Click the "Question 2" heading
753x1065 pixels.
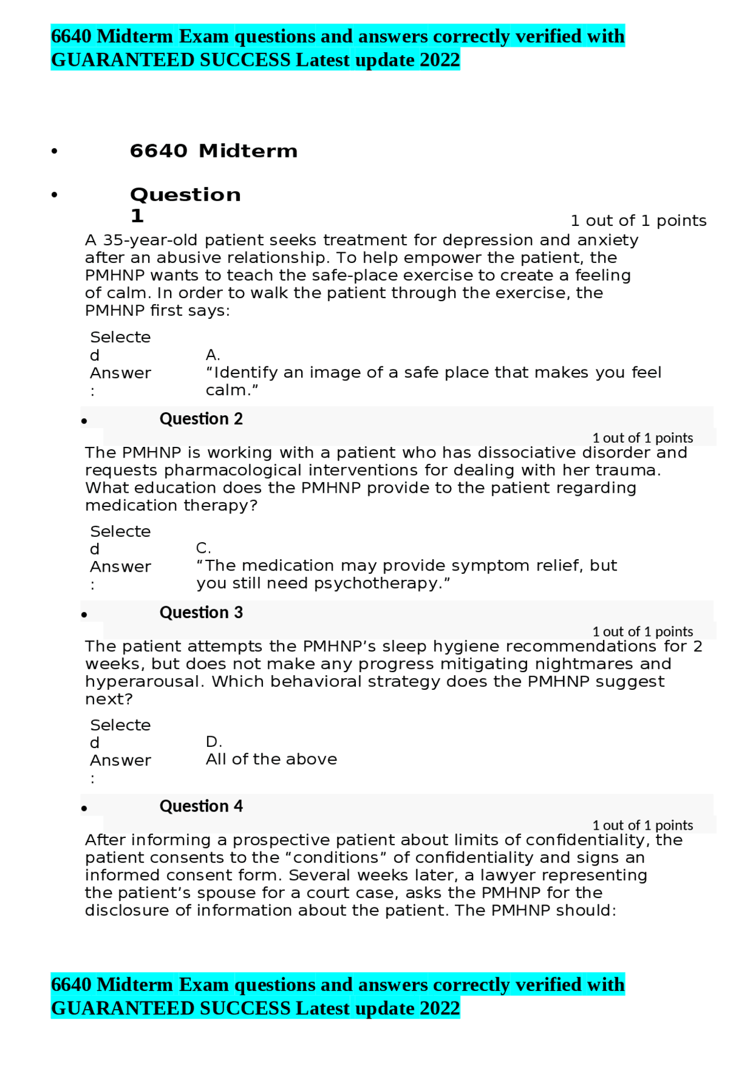point(201,419)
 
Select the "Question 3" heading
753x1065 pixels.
point(201,612)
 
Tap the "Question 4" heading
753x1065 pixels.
point(201,806)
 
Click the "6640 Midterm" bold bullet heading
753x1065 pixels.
point(213,151)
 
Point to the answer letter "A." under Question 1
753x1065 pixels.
point(212,355)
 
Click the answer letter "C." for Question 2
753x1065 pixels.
point(203,548)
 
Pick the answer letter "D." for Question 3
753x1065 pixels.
point(214,742)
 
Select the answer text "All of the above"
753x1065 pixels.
point(271,759)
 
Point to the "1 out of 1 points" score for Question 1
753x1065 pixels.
point(638,221)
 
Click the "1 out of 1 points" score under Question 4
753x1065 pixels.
point(642,825)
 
